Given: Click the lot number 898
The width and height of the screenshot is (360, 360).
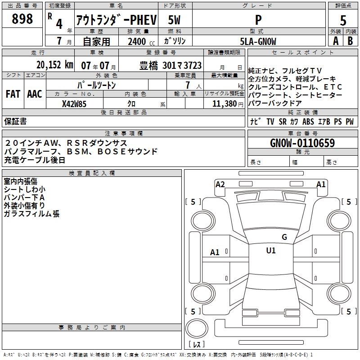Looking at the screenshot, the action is coord(22,19).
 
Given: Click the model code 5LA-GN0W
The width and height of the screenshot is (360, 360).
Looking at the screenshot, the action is coord(258,41).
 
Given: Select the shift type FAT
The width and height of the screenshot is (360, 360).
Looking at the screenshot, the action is coord(13,94).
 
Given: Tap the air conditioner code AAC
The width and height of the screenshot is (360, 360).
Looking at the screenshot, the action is coord(34,94).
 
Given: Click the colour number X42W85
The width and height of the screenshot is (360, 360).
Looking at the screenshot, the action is coord(74,103).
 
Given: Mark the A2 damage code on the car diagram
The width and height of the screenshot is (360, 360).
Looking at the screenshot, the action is coord(220,184).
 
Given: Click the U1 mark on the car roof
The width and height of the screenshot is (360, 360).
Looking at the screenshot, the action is coord(270,251).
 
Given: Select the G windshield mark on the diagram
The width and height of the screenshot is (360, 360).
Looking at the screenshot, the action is coord(284,237).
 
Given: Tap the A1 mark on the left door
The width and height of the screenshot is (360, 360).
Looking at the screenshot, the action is coord(215,252).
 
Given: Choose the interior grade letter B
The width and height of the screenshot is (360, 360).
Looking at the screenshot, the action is coord(350,41).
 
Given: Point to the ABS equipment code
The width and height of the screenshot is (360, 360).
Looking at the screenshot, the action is coord(308,122).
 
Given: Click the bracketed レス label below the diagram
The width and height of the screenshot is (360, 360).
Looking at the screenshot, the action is coord(197,345).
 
